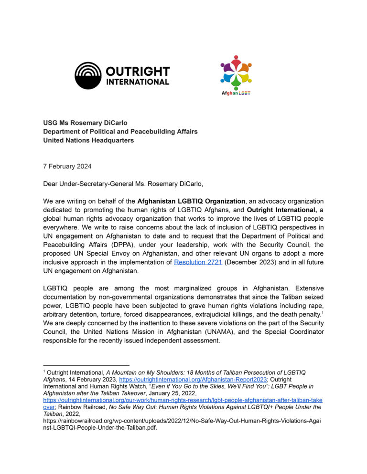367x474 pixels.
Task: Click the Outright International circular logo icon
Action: point(88,75)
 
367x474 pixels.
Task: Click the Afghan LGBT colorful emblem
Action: point(236,72)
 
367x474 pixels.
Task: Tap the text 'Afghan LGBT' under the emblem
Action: point(236,93)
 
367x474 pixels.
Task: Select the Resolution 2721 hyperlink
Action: point(198,263)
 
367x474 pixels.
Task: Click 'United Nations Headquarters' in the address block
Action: point(88,140)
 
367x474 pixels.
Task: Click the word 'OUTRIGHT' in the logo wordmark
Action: point(137,72)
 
